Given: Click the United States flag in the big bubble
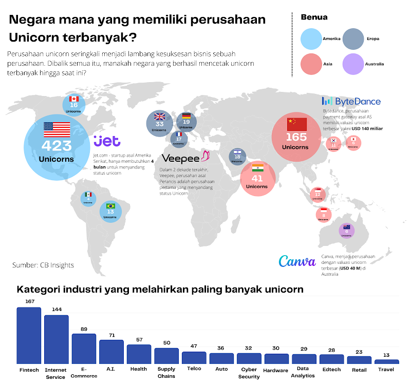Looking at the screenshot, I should (x=56, y=129).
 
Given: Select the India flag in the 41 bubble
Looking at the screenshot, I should (x=258, y=168).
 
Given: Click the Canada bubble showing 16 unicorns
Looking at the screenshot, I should (x=73, y=105).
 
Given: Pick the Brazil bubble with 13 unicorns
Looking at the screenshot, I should (x=110, y=211).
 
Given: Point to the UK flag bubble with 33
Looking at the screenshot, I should (x=160, y=123).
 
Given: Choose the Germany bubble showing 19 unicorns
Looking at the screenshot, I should (x=186, y=122).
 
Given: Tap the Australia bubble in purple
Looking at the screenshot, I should (x=347, y=231).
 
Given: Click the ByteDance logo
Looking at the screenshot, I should (x=352, y=101).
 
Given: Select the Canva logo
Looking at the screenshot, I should (x=297, y=261).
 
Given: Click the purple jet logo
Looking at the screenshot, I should (x=106, y=141).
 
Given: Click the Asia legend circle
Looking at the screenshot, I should (x=311, y=64).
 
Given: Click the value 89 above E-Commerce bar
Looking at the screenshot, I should (x=84, y=329).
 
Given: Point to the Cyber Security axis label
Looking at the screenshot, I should (x=249, y=373).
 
